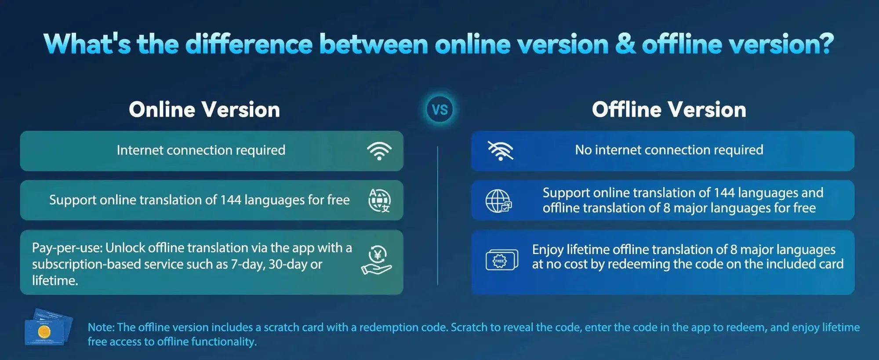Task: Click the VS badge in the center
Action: pyautogui.click(x=439, y=109)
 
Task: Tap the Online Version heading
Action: pyautogui.click(x=204, y=109)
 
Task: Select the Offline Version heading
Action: pyautogui.click(x=669, y=109)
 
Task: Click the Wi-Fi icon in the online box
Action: pyautogui.click(x=379, y=151)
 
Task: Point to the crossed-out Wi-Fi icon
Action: pyautogui.click(x=501, y=151)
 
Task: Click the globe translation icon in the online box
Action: pyautogui.click(x=379, y=200)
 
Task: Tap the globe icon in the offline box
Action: pyautogui.click(x=498, y=201)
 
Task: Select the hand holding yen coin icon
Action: pyautogui.click(x=376, y=261)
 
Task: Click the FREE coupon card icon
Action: pyautogui.click(x=501, y=260)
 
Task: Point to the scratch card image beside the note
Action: pyautogui.click(x=48, y=327)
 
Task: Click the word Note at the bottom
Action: pyautogui.click(x=101, y=327)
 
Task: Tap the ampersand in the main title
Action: pyautogui.click(x=625, y=44)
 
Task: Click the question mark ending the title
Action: pyautogui.click(x=825, y=44)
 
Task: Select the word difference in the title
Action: pyautogui.click(x=249, y=44)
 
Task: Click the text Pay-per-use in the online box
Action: pyautogui.click(x=67, y=248)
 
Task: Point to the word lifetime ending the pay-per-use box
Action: pyautogui.click(x=55, y=280)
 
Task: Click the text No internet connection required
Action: pyautogui.click(x=669, y=150)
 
